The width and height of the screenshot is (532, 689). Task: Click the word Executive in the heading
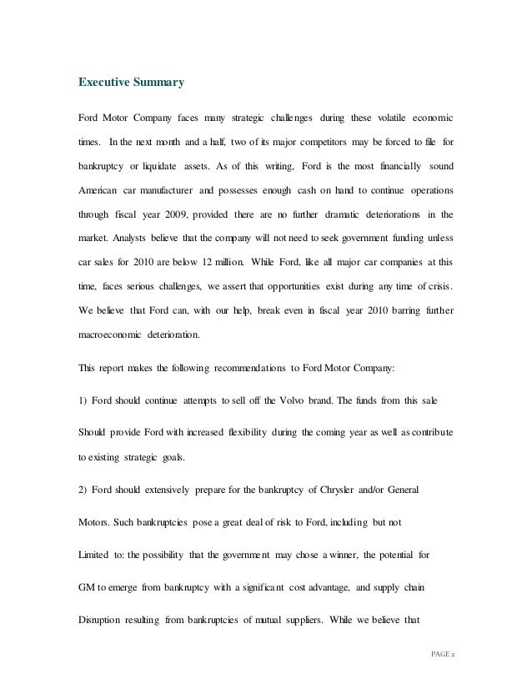104,83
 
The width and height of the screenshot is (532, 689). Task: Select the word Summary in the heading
158,83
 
